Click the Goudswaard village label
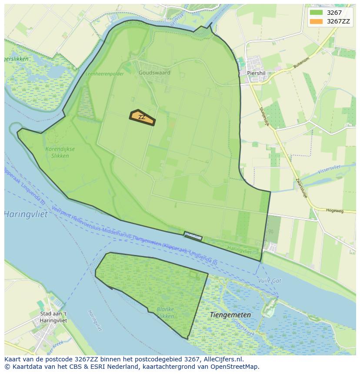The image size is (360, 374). click(154, 73)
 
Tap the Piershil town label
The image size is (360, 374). click(256, 73)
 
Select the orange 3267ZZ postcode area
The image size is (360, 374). click(142, 117)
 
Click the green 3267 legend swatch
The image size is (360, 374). click(317, 13)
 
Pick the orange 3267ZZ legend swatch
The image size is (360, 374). click(317, 21)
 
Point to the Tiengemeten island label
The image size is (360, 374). click(230, 314)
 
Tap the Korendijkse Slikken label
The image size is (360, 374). click(60, 152)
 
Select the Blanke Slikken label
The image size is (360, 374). click(165, 313)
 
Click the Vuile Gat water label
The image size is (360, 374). click(270, 281)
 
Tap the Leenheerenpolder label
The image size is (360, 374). click(104, 74)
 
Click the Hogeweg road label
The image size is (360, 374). click(334, 211)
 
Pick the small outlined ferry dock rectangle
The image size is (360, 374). click(193, 236)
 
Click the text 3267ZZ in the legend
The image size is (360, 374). click(338, 21)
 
